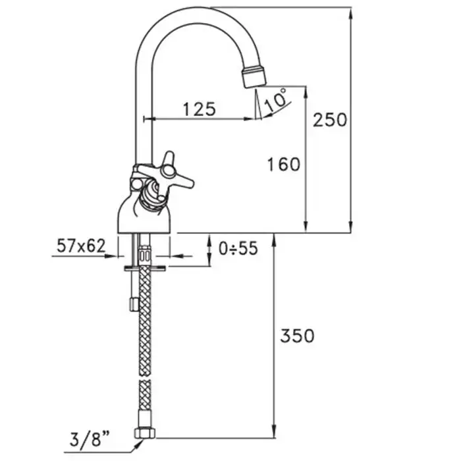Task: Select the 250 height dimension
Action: pos(330,120)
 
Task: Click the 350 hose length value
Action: pos(297,335)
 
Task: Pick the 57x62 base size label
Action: pos(81,246)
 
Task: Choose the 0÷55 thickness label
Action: pos(238,248)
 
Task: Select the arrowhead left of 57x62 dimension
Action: pos(111,256)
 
